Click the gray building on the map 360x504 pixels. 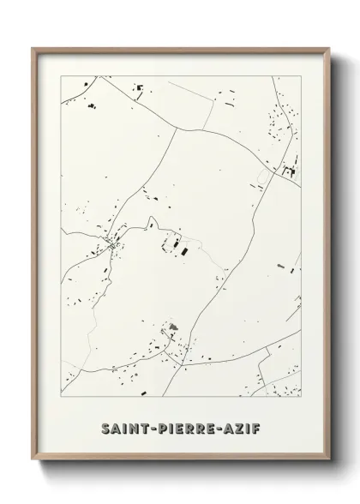coord(172,326)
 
